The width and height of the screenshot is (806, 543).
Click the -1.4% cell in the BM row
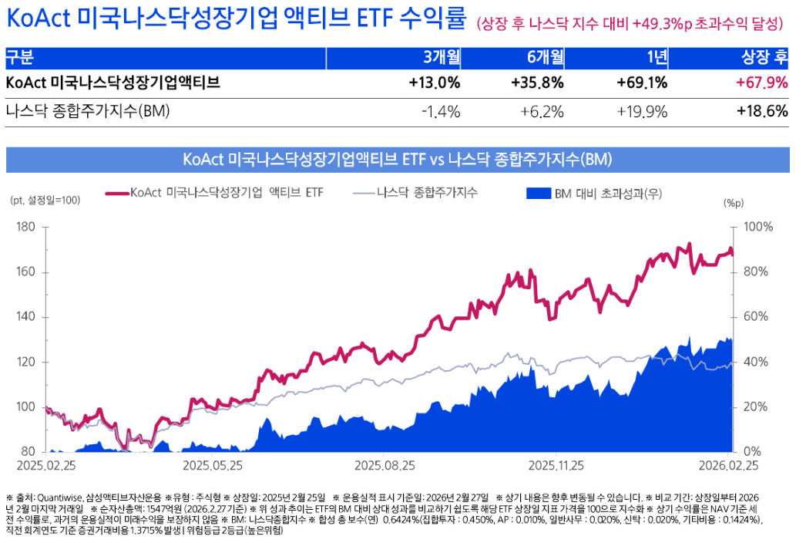point(441,112)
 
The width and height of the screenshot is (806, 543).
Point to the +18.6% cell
point(762,112)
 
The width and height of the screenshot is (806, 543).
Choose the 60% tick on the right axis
point(758,317)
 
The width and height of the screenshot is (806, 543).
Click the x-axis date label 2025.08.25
point(385,466)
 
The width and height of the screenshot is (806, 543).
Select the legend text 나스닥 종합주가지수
point(427,192)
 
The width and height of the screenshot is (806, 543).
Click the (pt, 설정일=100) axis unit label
point(45,200)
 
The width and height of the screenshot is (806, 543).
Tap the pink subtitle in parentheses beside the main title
point(630,25)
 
